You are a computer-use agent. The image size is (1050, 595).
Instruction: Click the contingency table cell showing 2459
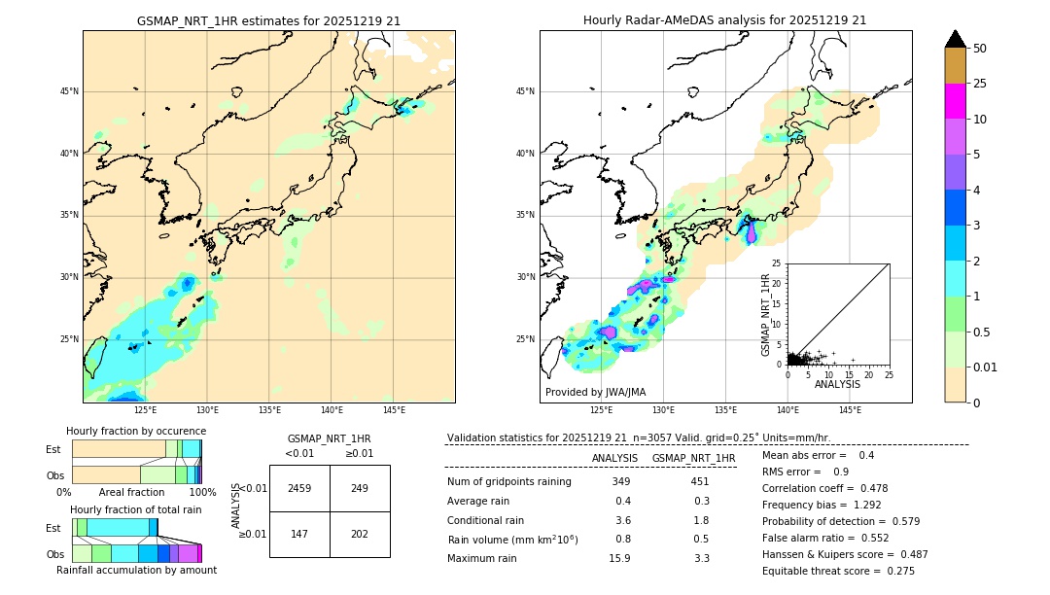click(x=299, y=488)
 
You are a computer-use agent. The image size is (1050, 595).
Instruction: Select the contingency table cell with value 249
click(x=360, y=488)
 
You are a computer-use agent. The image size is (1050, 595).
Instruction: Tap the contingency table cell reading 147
click(x=299, y=534)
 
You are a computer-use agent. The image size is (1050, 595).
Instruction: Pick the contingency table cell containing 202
click(x=360, y=534)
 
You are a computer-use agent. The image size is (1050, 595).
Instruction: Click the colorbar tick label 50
click(x=980, y=49)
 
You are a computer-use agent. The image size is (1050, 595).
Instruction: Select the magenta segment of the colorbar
click(x=956, y=101)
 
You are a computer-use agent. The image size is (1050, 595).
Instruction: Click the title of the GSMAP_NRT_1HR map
click(x=268, y=20)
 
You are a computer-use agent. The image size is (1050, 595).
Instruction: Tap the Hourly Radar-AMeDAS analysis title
click(x=725, y=20)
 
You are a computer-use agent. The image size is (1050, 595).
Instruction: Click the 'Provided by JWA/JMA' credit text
click(x=595, y=392)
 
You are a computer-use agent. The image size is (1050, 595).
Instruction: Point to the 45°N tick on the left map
click(x=69, y=91)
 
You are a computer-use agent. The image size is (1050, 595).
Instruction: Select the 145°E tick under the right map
click(x=850, y=410)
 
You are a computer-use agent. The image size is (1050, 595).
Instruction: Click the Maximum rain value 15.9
click(x=619, y=558)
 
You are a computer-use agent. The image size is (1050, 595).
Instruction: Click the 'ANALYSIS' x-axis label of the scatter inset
click(x=837, y=384)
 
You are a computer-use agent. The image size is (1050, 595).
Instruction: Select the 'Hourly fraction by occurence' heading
click(x=136, y=431)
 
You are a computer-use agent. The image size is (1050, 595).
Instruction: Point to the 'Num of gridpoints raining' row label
click(x=509, y=481)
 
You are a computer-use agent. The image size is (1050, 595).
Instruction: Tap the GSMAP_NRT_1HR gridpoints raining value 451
click(x=699, y=481)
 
